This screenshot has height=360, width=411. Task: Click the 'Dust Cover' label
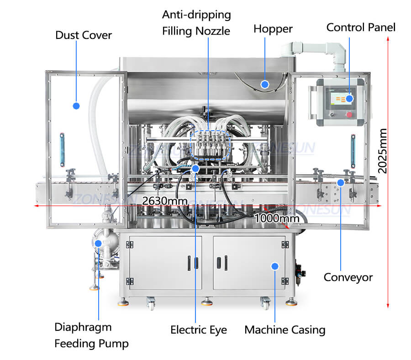[84, 35]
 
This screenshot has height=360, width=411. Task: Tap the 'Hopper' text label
[273, 29]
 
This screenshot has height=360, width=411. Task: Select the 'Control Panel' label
[361, 27]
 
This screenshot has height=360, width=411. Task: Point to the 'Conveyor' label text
[348, 277]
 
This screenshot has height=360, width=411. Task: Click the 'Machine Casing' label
[285, 329]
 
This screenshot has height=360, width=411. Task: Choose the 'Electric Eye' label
[199, 329]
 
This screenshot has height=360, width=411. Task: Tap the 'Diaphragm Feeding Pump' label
[91, 335]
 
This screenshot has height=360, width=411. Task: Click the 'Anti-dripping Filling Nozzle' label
[196, 23]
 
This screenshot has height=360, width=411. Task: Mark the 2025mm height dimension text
[382, 151]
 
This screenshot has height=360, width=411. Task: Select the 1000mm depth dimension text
[277, 218]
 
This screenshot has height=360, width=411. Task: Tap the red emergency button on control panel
[349, 114]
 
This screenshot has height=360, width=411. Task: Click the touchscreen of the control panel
[340, 99]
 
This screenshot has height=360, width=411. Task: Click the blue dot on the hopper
[264, 84]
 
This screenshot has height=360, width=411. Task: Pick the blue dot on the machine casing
[274, 266]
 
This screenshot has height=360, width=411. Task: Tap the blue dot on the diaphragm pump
[98, 244]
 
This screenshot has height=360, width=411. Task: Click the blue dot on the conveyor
[340, 182]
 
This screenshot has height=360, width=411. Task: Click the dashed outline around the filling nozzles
[208, 144]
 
